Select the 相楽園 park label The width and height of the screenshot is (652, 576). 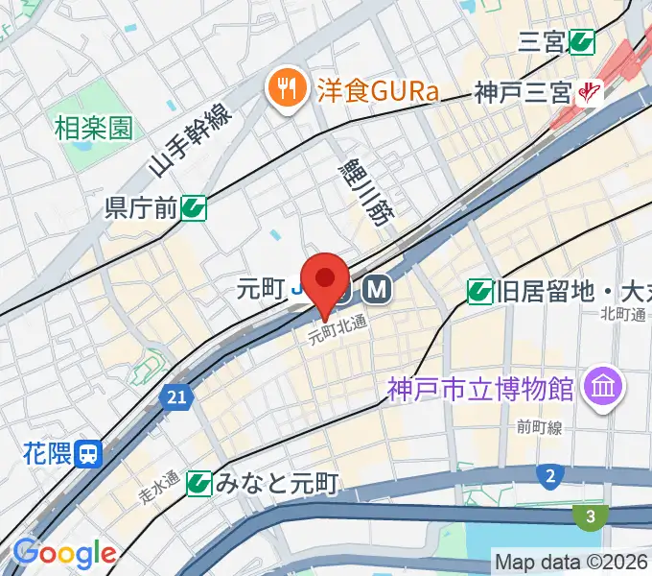coord(93,127)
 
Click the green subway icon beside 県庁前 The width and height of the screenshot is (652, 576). coord(195,206)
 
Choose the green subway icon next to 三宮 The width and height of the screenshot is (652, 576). coord(582,41)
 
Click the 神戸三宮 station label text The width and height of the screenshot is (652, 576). coord(524,93)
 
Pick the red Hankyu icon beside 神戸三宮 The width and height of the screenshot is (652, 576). coord(589,93)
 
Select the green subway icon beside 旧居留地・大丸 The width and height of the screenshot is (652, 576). coord(479,290)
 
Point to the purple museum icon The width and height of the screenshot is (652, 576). coord(606,388)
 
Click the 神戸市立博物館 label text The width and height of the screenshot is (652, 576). coord(481,389)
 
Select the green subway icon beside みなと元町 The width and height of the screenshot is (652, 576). coord(199,483)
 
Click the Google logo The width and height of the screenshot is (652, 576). coord(64,553)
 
